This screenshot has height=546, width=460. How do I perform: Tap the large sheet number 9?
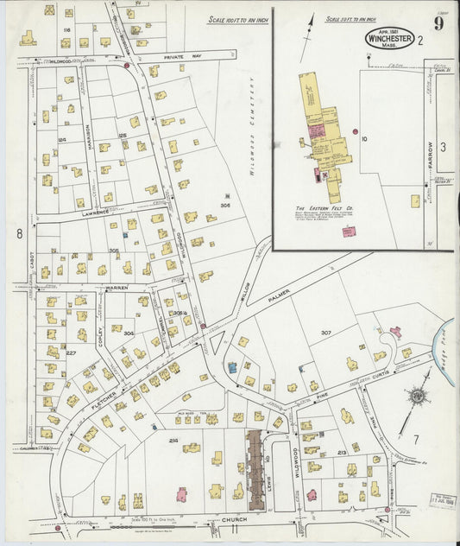(439, 24)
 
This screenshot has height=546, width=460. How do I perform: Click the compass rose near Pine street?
(417, 397)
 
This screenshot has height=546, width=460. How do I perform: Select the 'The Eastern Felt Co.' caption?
(323, 208)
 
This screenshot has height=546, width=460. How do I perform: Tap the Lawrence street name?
(97, 213)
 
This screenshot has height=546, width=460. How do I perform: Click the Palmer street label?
(281, 298)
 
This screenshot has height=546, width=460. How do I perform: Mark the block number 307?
(325, 333)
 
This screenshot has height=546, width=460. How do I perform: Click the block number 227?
(71, 352)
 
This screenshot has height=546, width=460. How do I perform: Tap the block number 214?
(173, 441)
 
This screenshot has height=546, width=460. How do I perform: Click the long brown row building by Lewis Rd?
(255, 470)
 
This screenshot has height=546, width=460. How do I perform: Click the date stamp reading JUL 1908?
(441, 502)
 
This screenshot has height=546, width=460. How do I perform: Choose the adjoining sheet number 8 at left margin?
(18, 233)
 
